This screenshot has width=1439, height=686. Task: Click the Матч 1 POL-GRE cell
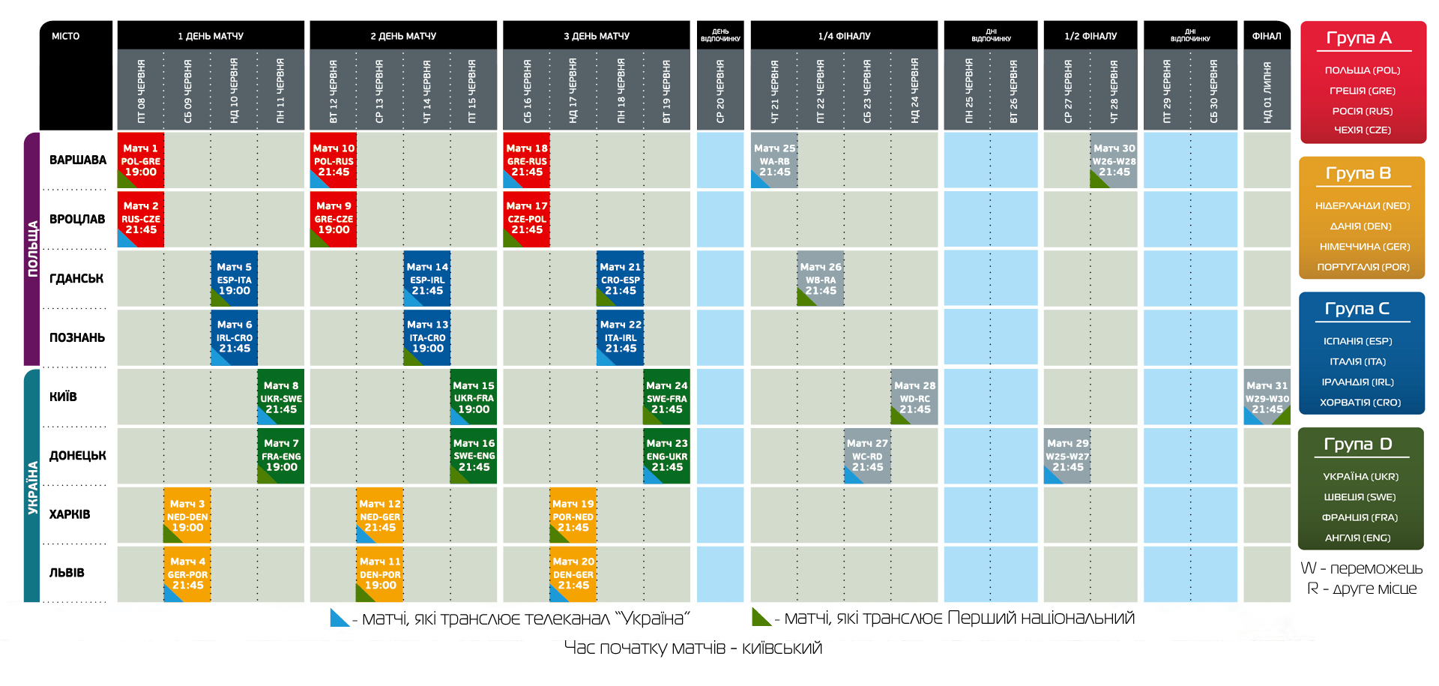click(141, 160)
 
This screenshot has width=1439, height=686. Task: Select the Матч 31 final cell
click(1267, 397)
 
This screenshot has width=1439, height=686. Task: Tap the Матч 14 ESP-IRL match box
click(427, 279)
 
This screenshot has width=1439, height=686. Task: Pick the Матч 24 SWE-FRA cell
click(667, 397)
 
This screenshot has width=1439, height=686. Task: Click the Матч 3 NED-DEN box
click(187, 516)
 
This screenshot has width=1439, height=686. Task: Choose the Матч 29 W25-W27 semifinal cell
click(1067, 456)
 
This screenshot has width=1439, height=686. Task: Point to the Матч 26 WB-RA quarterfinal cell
click(821, 279)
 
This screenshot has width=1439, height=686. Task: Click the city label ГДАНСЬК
click(76, 279)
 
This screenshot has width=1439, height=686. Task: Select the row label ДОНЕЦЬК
click(78, 456)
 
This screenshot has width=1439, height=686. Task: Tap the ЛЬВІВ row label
click(67, 573)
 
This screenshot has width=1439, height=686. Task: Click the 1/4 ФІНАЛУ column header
click(844, 36)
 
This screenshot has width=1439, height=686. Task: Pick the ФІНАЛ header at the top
click(1267, 36)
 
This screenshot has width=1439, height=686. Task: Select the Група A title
click(1359, 38)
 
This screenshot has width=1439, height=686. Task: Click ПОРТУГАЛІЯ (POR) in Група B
click(1363, 267)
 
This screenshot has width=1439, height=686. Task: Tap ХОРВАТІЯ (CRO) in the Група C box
click(1360, 403)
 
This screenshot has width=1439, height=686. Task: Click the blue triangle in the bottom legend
click(339, 619)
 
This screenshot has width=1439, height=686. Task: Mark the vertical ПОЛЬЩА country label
click(32, 249)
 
